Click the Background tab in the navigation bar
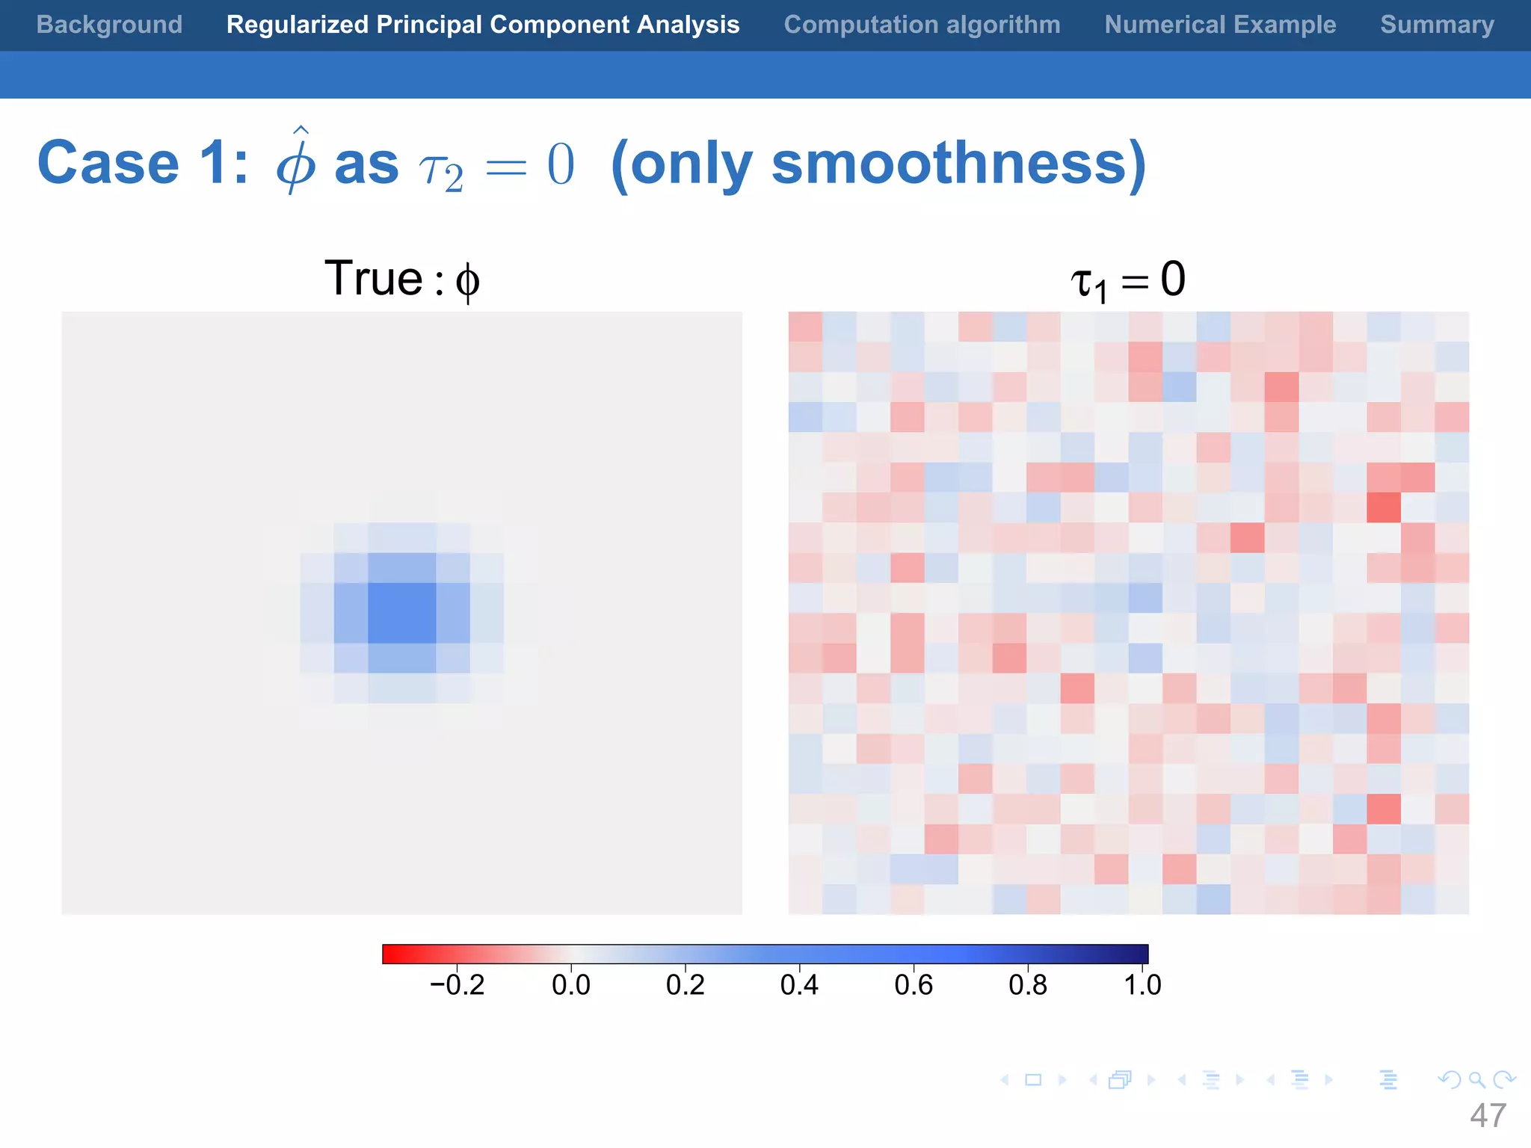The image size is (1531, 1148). point(109,25)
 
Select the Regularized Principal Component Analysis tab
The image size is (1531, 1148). point(483,25)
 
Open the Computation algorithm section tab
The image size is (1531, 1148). point(922,25)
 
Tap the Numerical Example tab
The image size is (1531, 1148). point(1220,25)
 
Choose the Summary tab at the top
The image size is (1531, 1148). point(1437,25)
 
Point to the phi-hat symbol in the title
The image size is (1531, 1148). point(296,161)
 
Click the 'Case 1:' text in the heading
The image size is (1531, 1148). point(143,164)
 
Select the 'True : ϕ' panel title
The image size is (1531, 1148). point(402,280)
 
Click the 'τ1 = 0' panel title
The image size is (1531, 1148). point(1128,281)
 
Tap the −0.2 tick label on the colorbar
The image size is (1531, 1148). point(457,985)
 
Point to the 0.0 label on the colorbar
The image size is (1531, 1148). point(571,985)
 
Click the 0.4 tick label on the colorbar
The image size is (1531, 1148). point(799,985)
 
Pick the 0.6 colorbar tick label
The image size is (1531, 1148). point(914,985)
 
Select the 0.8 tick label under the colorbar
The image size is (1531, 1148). point(1028,985)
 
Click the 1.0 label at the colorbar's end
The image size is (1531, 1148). point(1142,985)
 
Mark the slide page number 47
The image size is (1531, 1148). point(1488,1116)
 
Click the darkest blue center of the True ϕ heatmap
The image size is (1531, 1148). point(402,613)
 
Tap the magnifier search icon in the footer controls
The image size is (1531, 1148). point(1476,1080)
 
